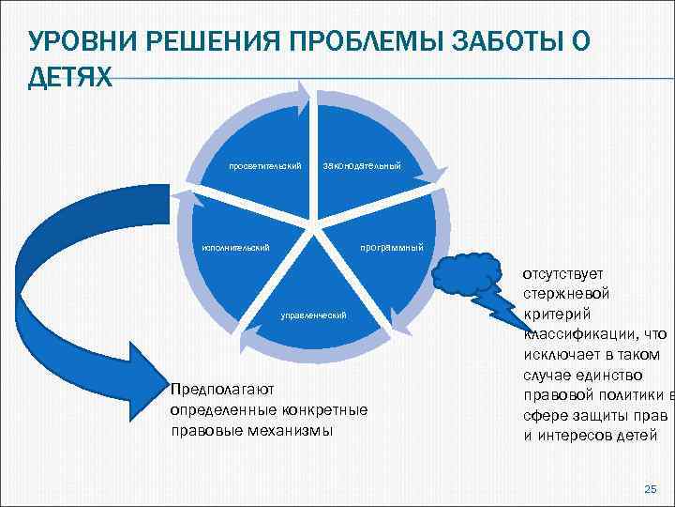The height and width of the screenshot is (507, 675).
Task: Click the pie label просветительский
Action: tap(265, 167)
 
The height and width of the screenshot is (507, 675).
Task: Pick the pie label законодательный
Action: tap(361, 167)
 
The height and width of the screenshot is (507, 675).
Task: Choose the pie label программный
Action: tap(392, 248)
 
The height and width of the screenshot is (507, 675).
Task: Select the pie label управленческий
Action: tap(314, 315)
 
